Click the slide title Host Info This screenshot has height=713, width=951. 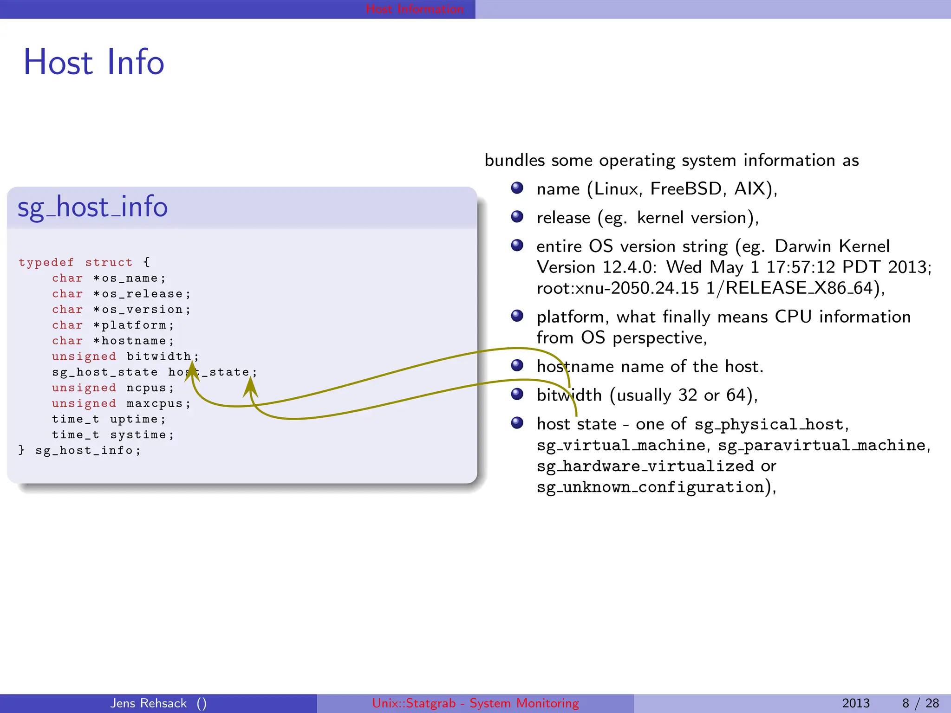point(94,62)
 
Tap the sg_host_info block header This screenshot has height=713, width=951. point(92,207)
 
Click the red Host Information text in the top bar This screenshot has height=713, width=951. point(414,9)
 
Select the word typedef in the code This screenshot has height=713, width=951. point(46,263)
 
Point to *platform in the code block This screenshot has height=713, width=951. point(133,325)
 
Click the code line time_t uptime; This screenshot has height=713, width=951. point(109,420)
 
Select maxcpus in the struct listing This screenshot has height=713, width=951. point(155,404)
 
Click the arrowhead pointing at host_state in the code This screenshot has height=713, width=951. point(250,386)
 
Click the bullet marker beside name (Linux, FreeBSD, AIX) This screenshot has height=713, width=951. point(517,188)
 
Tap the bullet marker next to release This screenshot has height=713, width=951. point(517,217)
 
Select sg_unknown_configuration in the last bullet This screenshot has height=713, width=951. point(650,487)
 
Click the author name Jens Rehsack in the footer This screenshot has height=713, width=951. point(149,703)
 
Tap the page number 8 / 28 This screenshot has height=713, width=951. point(920,703)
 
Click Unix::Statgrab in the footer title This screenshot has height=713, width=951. point(414,703)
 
